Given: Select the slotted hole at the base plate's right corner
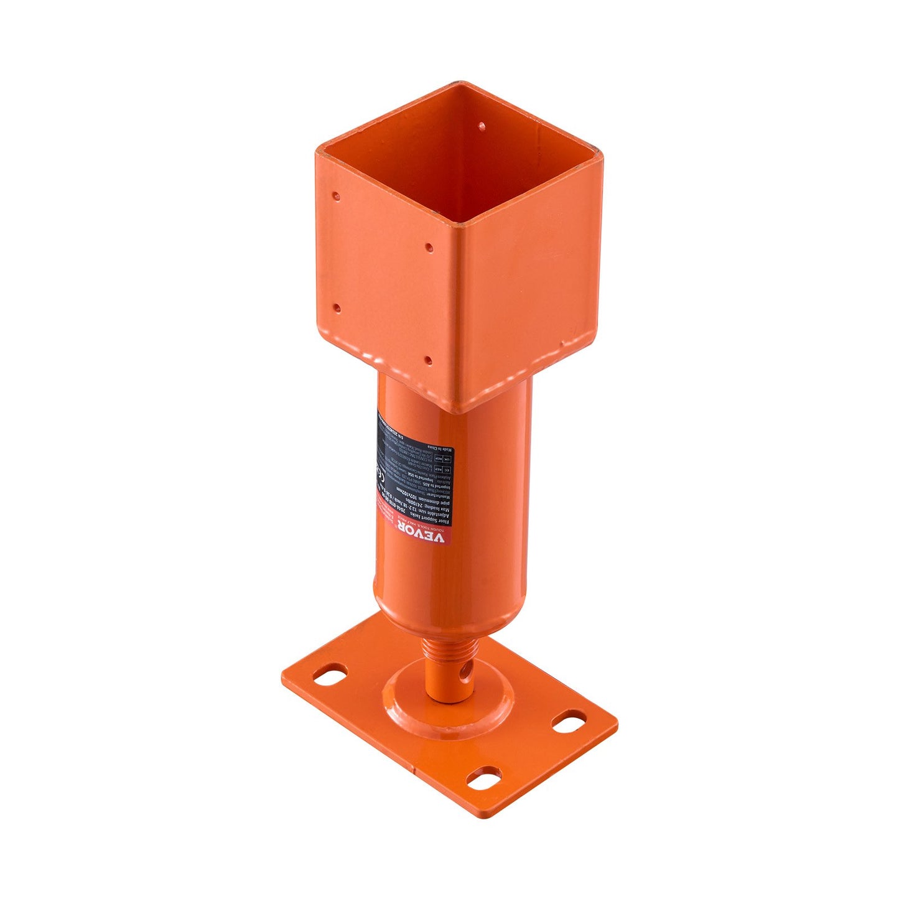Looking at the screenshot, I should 568,722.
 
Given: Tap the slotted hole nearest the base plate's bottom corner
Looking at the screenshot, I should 483,778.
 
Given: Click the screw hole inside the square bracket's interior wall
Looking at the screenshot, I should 481,126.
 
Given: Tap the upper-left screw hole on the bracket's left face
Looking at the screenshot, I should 336,197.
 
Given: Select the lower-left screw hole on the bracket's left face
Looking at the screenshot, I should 337,307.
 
